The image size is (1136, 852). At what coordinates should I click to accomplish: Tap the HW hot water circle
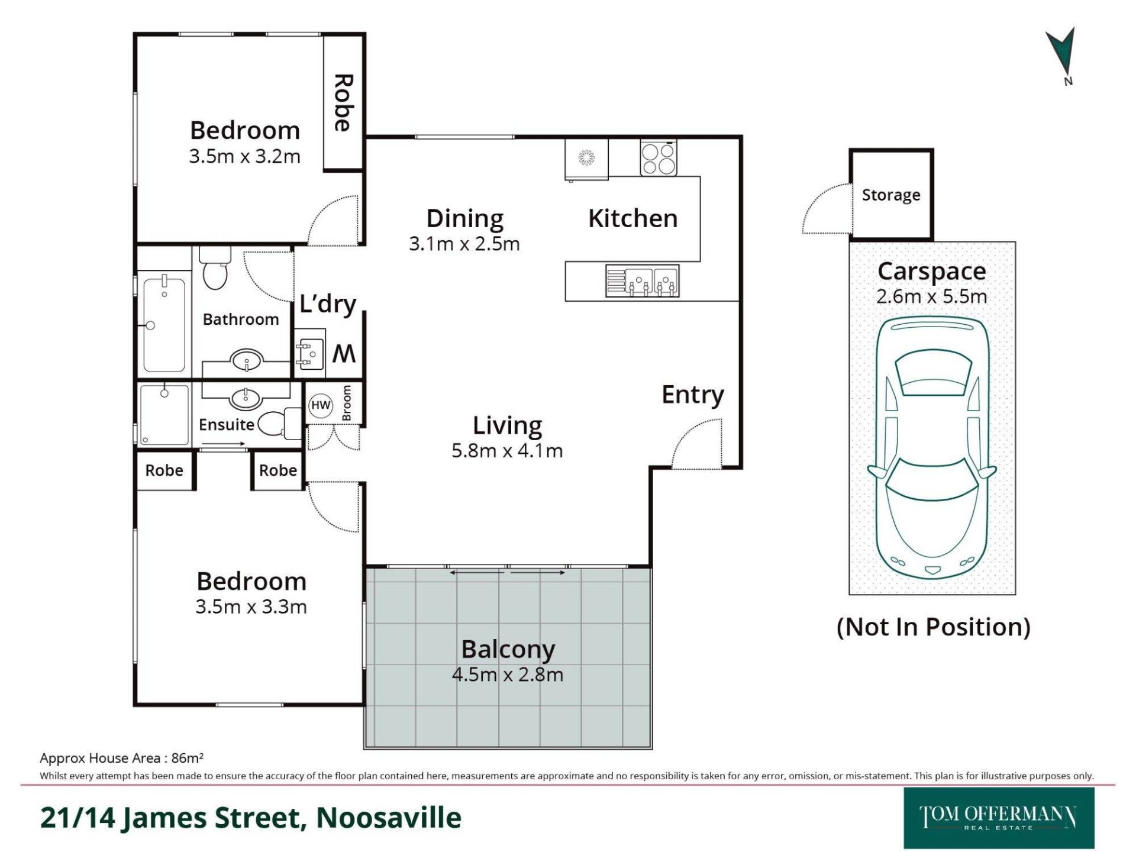click(321, 405)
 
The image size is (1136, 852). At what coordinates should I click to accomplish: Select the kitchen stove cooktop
click(658, 158)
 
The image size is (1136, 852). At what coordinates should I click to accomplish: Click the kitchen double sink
click(642, 280)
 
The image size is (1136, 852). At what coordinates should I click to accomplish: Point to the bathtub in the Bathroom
click(164, 325)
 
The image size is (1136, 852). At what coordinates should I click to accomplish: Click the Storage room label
click(891, 195)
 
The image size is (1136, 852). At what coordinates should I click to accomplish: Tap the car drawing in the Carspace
click(932, 448)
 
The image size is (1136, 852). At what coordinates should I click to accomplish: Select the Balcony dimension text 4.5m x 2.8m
click(508, 674)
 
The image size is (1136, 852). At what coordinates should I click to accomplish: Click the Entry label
click(693, 395)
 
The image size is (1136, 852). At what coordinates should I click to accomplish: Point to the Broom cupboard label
click(347, 403)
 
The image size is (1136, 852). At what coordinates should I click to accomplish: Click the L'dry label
click(328, 304)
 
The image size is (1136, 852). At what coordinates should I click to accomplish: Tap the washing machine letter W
click(344, 353)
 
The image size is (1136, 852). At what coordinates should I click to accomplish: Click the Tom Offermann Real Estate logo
click(999, 818)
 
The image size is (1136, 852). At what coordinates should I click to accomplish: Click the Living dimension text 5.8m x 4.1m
click(507, 451)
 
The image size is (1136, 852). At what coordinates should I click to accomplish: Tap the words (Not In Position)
click(933, 627)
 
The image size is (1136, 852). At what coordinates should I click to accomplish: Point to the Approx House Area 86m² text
click(122, 758)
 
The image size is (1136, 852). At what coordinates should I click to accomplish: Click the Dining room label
click(465, 219)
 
